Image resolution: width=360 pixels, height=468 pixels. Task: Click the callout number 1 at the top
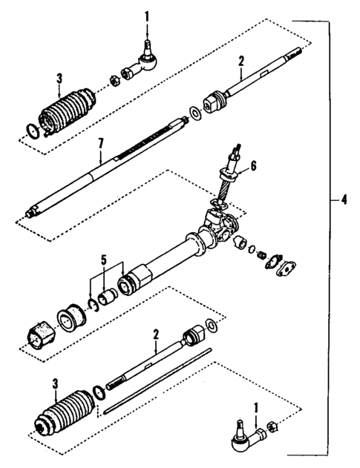pyautogui.click(x=147, y=16)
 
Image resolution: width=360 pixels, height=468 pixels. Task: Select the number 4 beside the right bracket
pyautogui.click(x=342, y=200)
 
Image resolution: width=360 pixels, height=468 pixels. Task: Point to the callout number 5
pyautogui.click(x=103, y=260)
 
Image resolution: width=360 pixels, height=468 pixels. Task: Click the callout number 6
pyautogui.click(x=252, y=168)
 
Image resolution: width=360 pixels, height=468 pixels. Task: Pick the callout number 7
pyautogui.click(x=101, y=158)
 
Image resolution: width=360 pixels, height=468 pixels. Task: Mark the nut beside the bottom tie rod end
pyautogui.click(x=271, y=429)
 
